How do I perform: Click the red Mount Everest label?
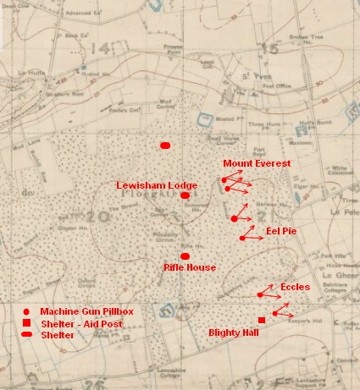pos(256,162)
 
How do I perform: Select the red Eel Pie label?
pos(280,229)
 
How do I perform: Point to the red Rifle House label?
pos(189,267)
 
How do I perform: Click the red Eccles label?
pos(295,287)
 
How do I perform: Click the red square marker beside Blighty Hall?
pos(261,320)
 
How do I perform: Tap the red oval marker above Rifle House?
pos(184,255)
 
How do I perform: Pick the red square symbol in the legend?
pos(27,324)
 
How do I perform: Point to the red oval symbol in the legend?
pos(27,336)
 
